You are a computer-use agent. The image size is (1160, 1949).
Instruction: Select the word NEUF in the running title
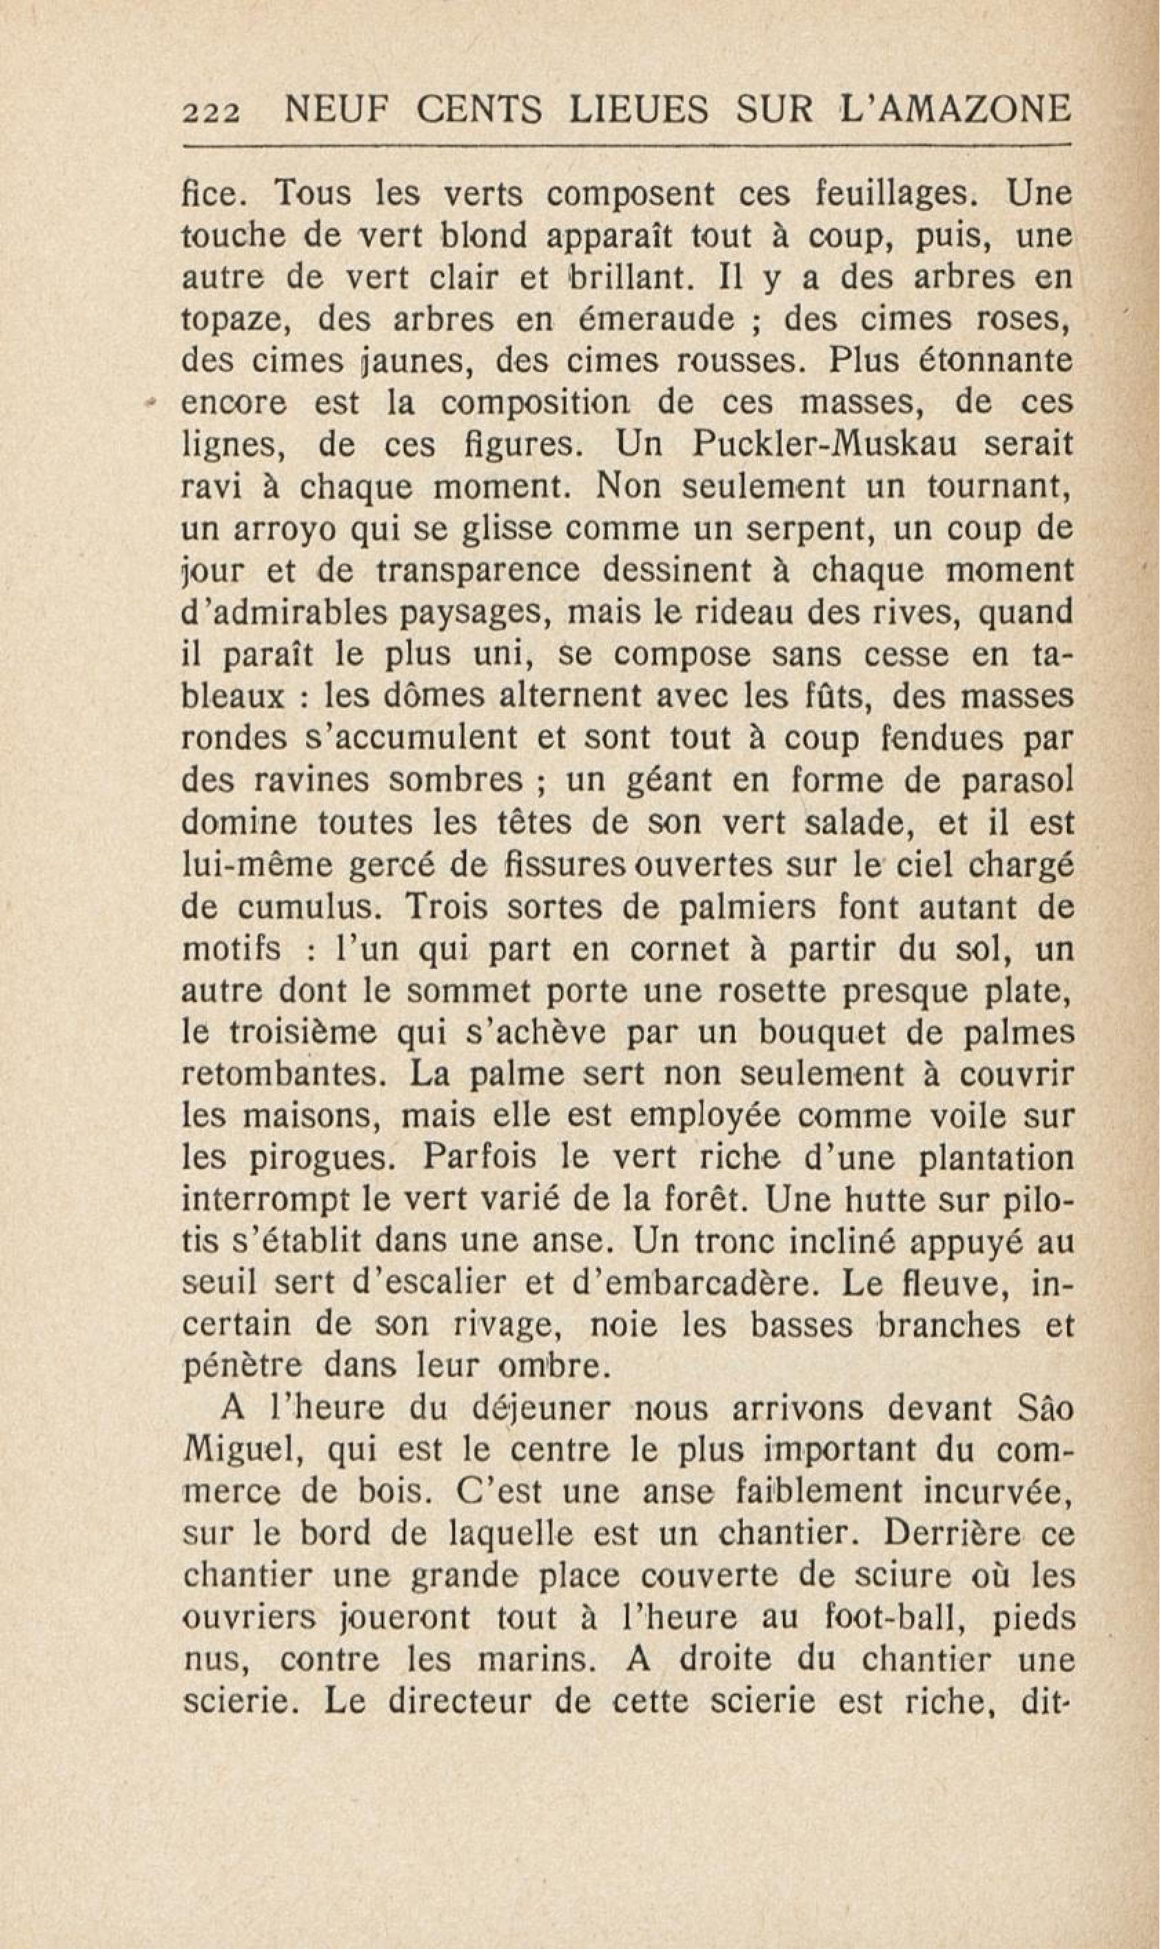(326, 110)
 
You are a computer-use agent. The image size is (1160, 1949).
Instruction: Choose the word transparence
(478, 571)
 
